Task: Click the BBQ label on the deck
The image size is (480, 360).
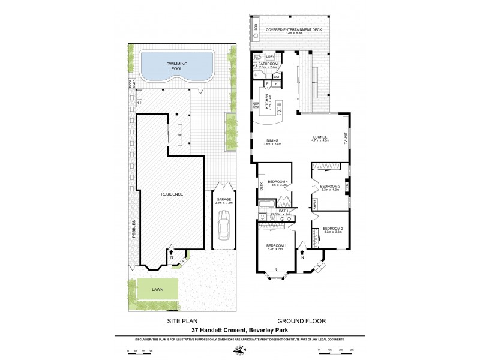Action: click(256, 28)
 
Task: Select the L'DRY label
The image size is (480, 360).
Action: click(269, 56)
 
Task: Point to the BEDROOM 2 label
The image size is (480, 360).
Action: click(332, 228)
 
